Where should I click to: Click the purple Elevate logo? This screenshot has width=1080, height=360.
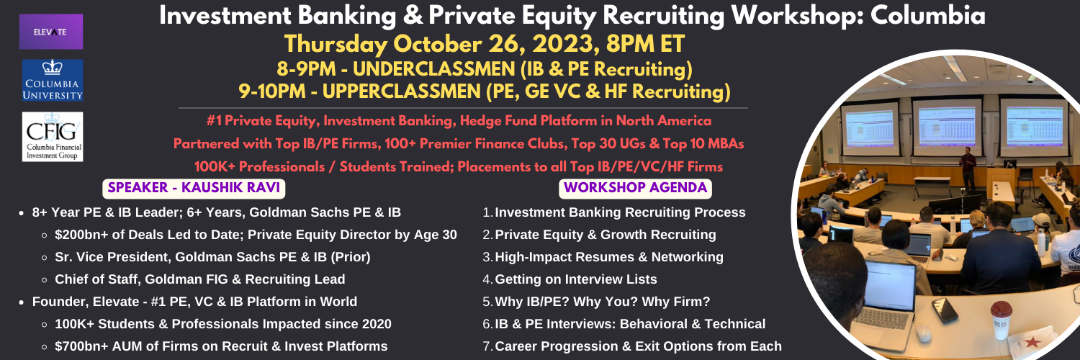click(x=51, y=32)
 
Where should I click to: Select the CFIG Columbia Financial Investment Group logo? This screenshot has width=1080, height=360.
click(x=53, y=137)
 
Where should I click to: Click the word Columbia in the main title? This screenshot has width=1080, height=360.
click(x=927, y=16)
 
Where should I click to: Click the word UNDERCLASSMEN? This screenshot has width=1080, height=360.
click(x=434, y=69)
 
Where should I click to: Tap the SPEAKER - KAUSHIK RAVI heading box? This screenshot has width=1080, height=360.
click(x=194, y=188)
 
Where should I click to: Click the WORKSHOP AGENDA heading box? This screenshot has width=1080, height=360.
click(x=635, y=188)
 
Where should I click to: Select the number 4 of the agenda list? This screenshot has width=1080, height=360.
click(x=487, y=279)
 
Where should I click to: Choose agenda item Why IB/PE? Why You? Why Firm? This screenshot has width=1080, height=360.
click(x=602, y=302)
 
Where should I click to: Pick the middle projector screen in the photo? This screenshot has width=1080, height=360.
click(x=945, y=127)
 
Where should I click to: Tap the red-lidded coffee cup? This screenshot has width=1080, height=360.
click(x=1002, y=320)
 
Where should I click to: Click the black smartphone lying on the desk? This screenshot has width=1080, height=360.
click(x=945, y=310)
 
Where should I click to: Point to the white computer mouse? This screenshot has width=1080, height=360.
click(x=923, y=333)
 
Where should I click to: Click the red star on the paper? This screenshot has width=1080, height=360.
click(x=1032, y=343)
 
